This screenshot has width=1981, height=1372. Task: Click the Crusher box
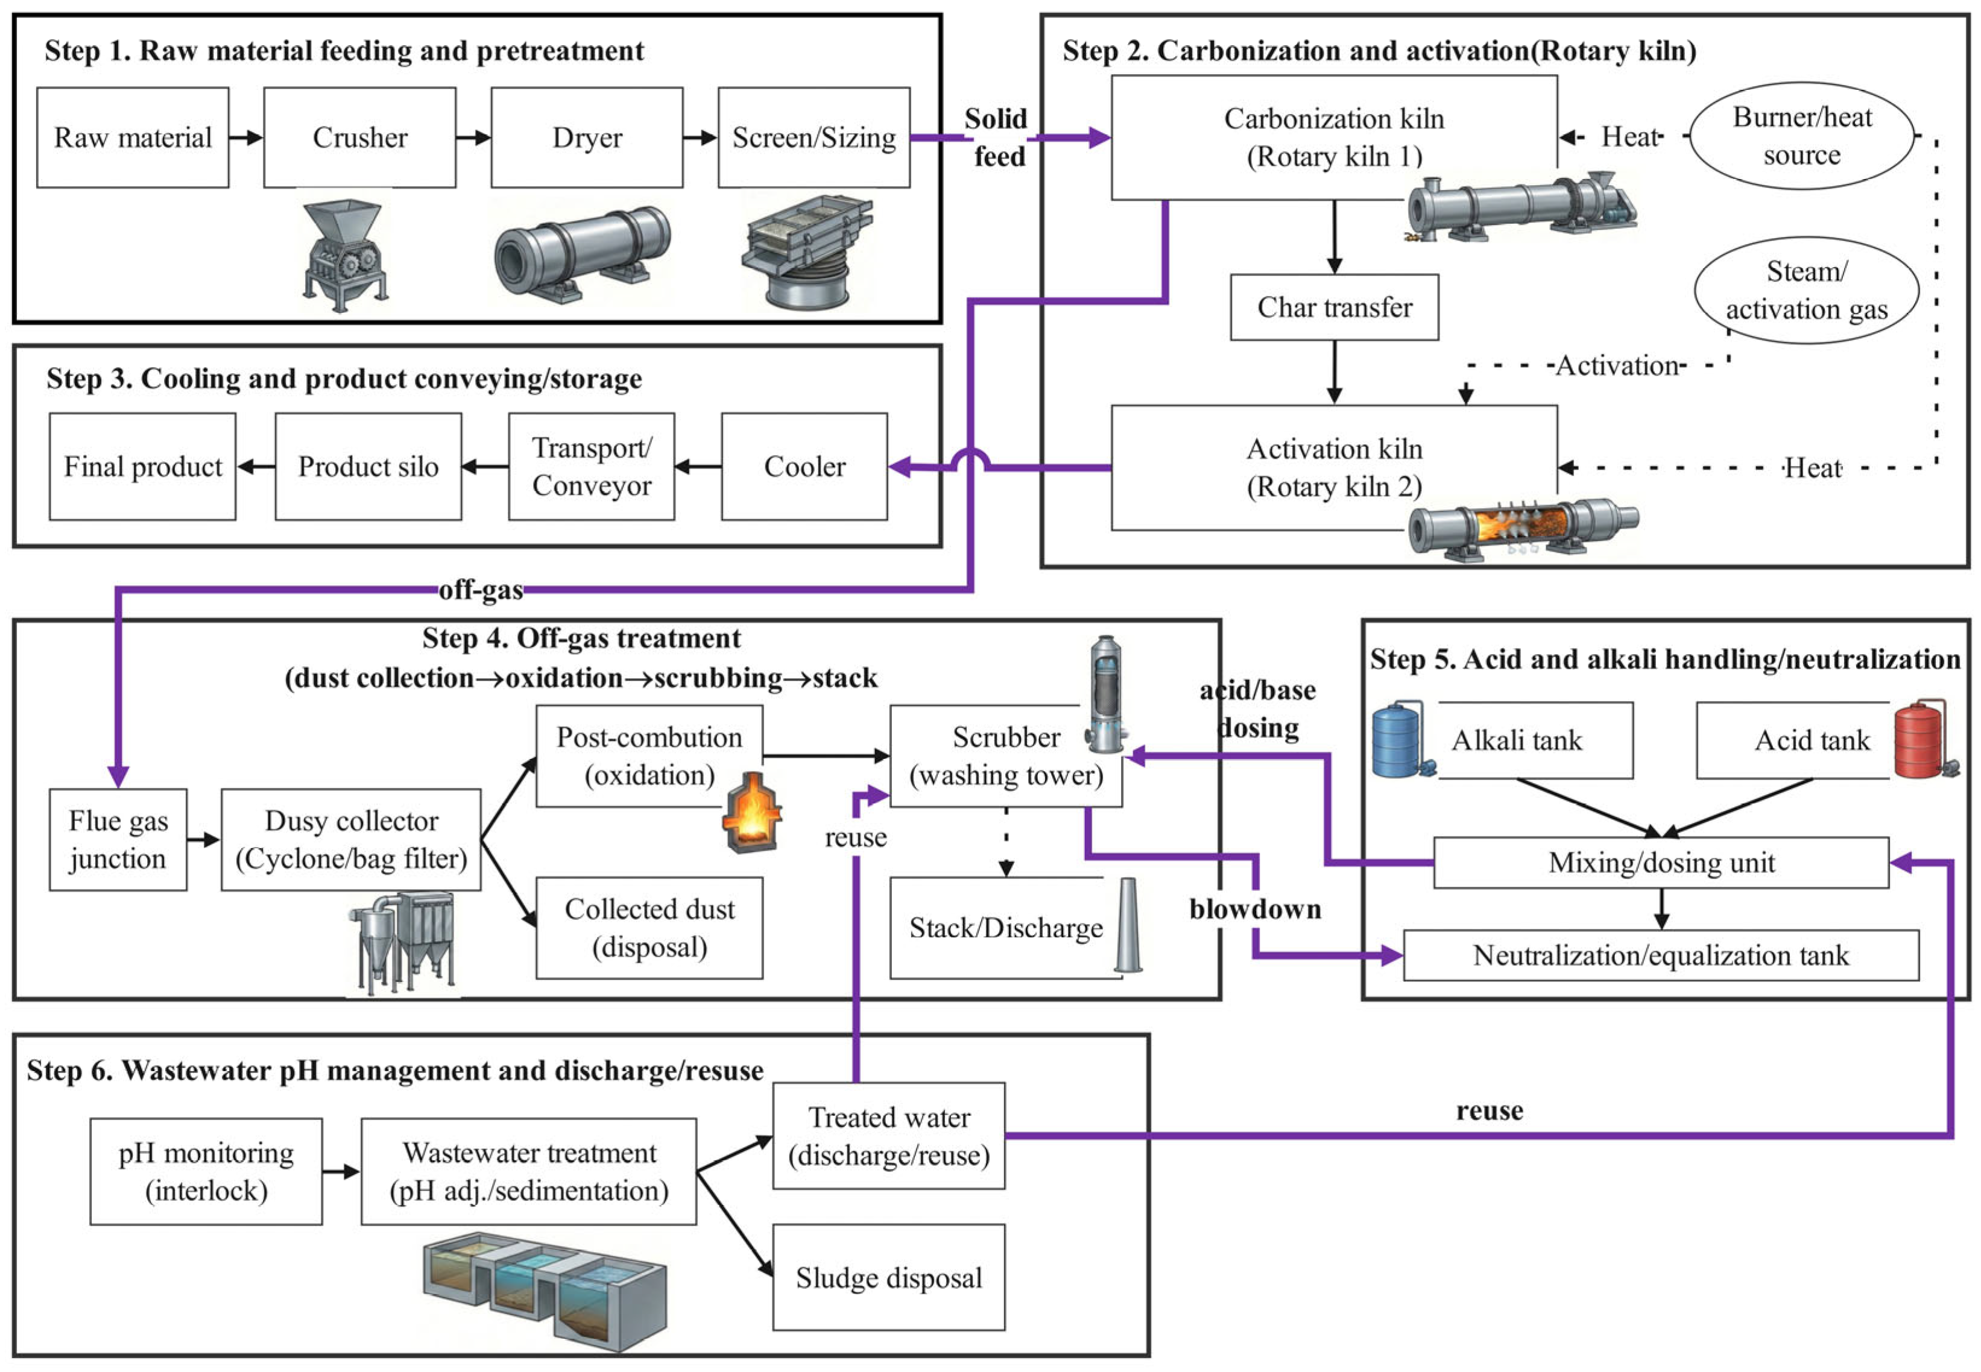click(x=359, y=137)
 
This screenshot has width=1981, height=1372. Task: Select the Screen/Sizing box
click(x=814, y=137)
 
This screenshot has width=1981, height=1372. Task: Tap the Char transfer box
click(x=1333, y=307)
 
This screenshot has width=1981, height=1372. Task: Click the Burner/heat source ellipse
click(x=1801, y=136)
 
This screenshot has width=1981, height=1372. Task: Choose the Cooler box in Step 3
click(x=804, y=466)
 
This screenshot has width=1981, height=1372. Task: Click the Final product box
click(x=143, y=466)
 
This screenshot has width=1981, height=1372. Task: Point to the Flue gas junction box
click(x=118, y=839)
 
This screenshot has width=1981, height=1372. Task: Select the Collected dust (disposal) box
click(x=649, y=928)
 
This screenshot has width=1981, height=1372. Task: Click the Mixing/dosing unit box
click(x=1660, y=862)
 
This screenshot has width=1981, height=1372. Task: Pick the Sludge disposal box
click(x=888, y=1277)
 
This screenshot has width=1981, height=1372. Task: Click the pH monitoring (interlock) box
click(x=206, y=1171)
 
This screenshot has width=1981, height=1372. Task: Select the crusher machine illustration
click(x=346, y=254)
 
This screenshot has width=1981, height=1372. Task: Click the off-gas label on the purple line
click(x=481, y=590)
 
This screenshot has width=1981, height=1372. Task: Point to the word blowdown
click(x=1254, y=908)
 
